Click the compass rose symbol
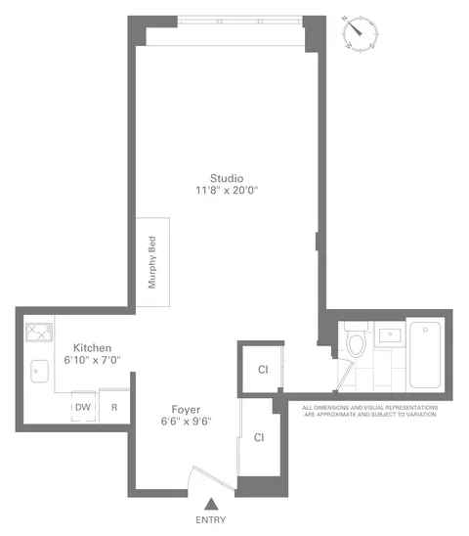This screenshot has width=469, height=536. [360, 34]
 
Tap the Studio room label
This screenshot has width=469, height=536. [226, 178]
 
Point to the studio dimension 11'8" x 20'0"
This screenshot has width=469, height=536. [226, 192]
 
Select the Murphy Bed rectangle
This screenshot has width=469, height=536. [151, 261]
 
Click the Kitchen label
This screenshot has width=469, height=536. [93, 347]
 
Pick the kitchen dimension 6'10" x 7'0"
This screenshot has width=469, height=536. [93, 360]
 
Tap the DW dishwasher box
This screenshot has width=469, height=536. [83, 408]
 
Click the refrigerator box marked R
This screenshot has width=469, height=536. [114, 408]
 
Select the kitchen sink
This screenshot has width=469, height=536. [40, 372]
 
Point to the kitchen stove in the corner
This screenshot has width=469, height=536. [39, 334]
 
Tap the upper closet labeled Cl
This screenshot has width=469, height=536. [262, 370]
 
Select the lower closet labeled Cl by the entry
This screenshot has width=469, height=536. [259, 437]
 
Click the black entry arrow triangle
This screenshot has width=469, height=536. [210, 504]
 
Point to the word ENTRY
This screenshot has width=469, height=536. [210, 521]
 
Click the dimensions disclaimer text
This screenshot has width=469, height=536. [369, 411]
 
